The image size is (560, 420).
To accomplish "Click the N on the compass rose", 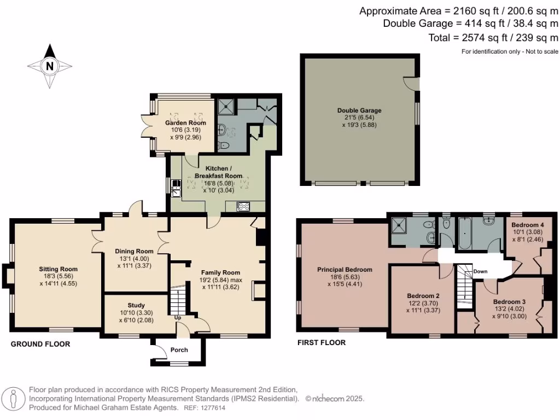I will coord(50,67).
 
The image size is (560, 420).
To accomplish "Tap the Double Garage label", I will coord(359,110).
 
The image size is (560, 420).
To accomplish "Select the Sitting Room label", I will coord(58,269).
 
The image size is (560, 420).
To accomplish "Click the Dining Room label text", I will coord(133,251).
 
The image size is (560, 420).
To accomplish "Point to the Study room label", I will coord(137,305).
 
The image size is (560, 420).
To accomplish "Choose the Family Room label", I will coord(220,272).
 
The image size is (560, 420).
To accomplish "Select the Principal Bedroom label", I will coord(345,270).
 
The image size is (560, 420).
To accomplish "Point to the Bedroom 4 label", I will coord(528,225).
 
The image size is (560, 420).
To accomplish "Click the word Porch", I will coord(179,350).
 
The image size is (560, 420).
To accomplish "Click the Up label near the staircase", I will coord(178,317).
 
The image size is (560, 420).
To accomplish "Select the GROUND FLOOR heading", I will coord(40,344).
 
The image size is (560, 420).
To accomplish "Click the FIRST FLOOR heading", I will coord(321,343).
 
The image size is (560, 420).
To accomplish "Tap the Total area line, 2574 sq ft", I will coord(494,38).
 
